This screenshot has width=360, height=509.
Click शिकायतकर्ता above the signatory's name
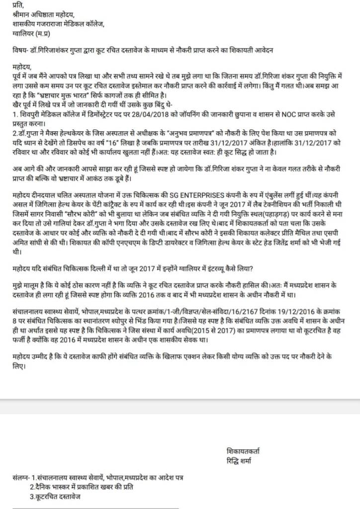242,451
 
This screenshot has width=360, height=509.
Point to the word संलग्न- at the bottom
23,478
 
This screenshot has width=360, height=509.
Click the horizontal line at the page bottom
94,507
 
